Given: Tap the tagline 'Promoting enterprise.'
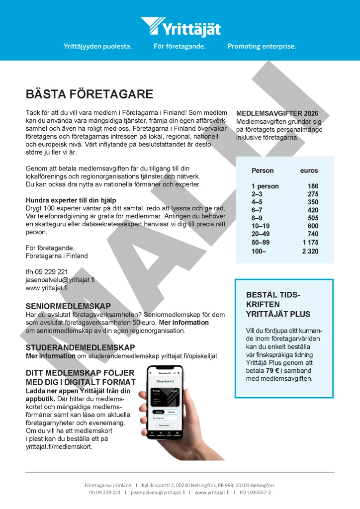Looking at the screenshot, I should pyautogui.click(x=262, y=46).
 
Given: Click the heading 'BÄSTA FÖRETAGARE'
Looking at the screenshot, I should pyautogui.click(x=90, y=94).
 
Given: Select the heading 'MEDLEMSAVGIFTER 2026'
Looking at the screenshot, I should pyautogui.click(x=277, y=113).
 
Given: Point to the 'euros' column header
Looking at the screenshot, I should pyautogui.click(x=309, y=170).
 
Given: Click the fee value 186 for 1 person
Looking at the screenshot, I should pyautogui.click(x=313, y=186).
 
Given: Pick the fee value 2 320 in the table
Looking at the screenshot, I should pyautogui.click(x=310, y=251).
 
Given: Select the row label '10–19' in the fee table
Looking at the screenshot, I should pyautogui.click(x=261, y=226).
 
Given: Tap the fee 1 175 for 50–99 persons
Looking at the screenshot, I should pyautogui.click(x=310, y=243).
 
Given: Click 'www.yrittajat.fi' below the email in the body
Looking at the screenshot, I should pyautogui.click(x=47, y=288).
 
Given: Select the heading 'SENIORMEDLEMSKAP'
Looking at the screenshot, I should pyautogui.click(x=68, y=306).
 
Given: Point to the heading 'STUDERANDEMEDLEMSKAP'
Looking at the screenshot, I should pyautogui.click(x=80, y=347).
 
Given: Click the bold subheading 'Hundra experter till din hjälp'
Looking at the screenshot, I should pyautogui.click(x=71, y=200).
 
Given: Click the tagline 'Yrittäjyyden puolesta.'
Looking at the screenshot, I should pyautogui.click(x=97, y=46).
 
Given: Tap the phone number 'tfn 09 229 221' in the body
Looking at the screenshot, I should pyautogui.click(x=47, y=272).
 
